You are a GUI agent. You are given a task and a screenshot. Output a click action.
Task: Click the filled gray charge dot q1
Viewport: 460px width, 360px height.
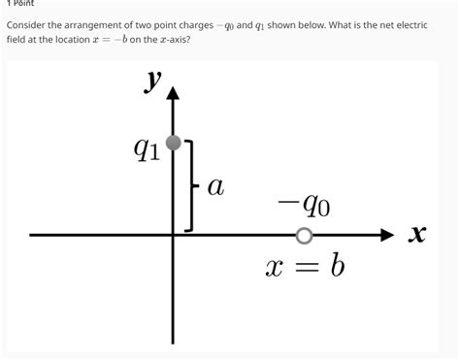pos(174,144)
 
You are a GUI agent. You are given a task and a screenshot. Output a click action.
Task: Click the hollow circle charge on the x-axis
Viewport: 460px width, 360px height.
pos(305,236)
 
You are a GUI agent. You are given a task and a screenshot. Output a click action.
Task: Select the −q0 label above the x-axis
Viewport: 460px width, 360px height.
pos(303,205)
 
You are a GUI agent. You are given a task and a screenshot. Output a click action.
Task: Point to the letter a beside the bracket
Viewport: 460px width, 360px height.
pos(215,187)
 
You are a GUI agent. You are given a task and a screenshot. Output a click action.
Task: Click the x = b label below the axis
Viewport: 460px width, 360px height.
pos(305,265)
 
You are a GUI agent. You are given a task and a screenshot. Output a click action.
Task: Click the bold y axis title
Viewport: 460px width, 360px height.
pos(153,82)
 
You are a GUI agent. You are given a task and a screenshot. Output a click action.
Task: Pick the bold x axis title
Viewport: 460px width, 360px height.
pos(418,235)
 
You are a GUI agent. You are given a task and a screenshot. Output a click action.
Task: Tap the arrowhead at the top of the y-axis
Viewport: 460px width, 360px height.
pos(174,93)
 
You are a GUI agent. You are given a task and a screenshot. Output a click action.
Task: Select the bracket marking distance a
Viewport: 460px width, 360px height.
pos(191,185)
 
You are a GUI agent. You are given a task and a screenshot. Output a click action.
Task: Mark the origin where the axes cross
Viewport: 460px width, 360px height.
pos(174,235)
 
